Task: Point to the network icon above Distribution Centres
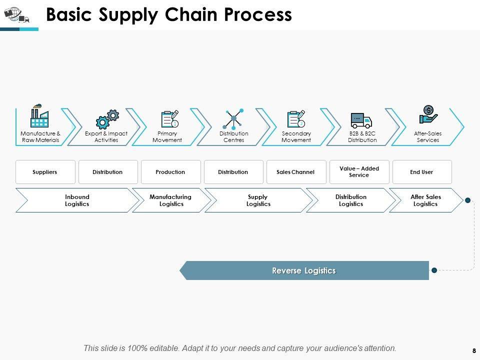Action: (233, 118)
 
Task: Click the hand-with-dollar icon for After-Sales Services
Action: (428, 115)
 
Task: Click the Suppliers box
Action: (45, 172)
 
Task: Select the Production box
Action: (170, 172)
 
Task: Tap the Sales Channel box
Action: (295, 172)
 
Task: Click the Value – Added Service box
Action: (359, 172)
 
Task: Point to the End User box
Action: (421, 172)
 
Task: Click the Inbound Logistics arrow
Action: (77, 200)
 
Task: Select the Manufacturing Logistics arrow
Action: (170, 200)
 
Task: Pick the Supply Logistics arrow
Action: (258, 200)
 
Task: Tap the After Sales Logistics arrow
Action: (425, 200)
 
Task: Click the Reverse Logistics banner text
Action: (304, 270)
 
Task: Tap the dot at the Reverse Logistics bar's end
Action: (434, 270)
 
